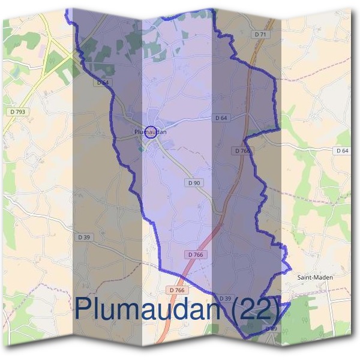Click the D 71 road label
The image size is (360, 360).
pyautogui.click(x=260, y=35)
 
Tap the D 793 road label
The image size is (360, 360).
pyautogui.click(x=17, y=112)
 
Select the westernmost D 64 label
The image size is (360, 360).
pyautogui.click(x=103, y=82)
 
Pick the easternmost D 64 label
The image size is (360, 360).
pyautogui.click(x=342, y=150)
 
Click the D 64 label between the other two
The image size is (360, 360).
pyautogui.click(x=221, y=118)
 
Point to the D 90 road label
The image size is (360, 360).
pyautogui.click(x=194, y=182)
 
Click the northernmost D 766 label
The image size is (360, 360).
pyautogui.click(x=242, y=150)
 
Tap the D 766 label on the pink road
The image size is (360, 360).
pyautogui.click(x=196, y=254)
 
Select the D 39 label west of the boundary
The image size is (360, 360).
pyautogui.click(x=84, y=237)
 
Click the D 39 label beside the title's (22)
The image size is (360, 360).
pyautogui.click(x=225, y=298)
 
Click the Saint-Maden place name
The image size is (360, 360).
pyautogui.click(x=315, y=277)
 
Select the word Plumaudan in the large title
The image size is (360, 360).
pyautogui.click(x=153, y=310)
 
